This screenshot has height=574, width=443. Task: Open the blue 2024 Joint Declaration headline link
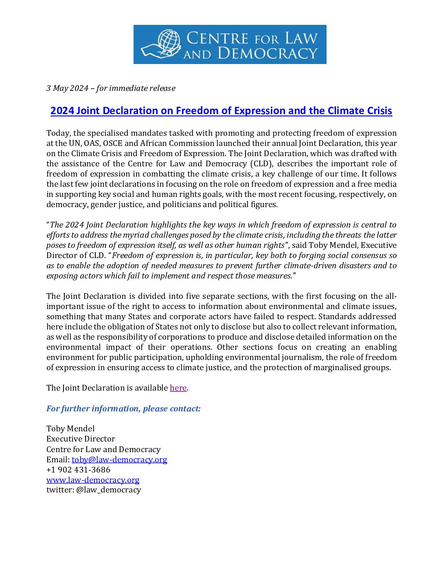tap(221, 111)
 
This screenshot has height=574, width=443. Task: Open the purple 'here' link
tap(178, 388)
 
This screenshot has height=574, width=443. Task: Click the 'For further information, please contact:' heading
tap(123, 408)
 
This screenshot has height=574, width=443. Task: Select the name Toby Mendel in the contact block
tap(70, 429)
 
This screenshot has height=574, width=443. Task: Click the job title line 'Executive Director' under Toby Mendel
tap(81, 439)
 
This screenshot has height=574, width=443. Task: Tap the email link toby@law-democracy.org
tap(119, 460)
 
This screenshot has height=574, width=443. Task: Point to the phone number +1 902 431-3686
tap(78, 470)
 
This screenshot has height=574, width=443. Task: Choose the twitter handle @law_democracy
tap(108, 490)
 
